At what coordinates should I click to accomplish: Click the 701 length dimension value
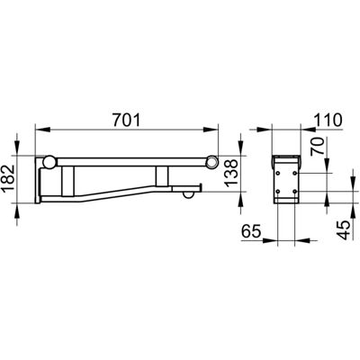[x=127, y=121]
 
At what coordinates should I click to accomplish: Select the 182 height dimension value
[x=8, y=179]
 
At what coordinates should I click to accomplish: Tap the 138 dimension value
[x=231, y=174]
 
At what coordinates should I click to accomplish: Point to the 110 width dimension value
[x=328, y=121]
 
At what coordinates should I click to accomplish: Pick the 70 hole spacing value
[x=319, y=147]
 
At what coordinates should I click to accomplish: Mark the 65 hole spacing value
[x=251, y=231]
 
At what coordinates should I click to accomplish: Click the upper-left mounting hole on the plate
[x=278, y=174]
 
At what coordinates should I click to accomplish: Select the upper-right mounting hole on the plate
[x=295, y=174]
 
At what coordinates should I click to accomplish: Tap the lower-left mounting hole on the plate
[x=278, y=191]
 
